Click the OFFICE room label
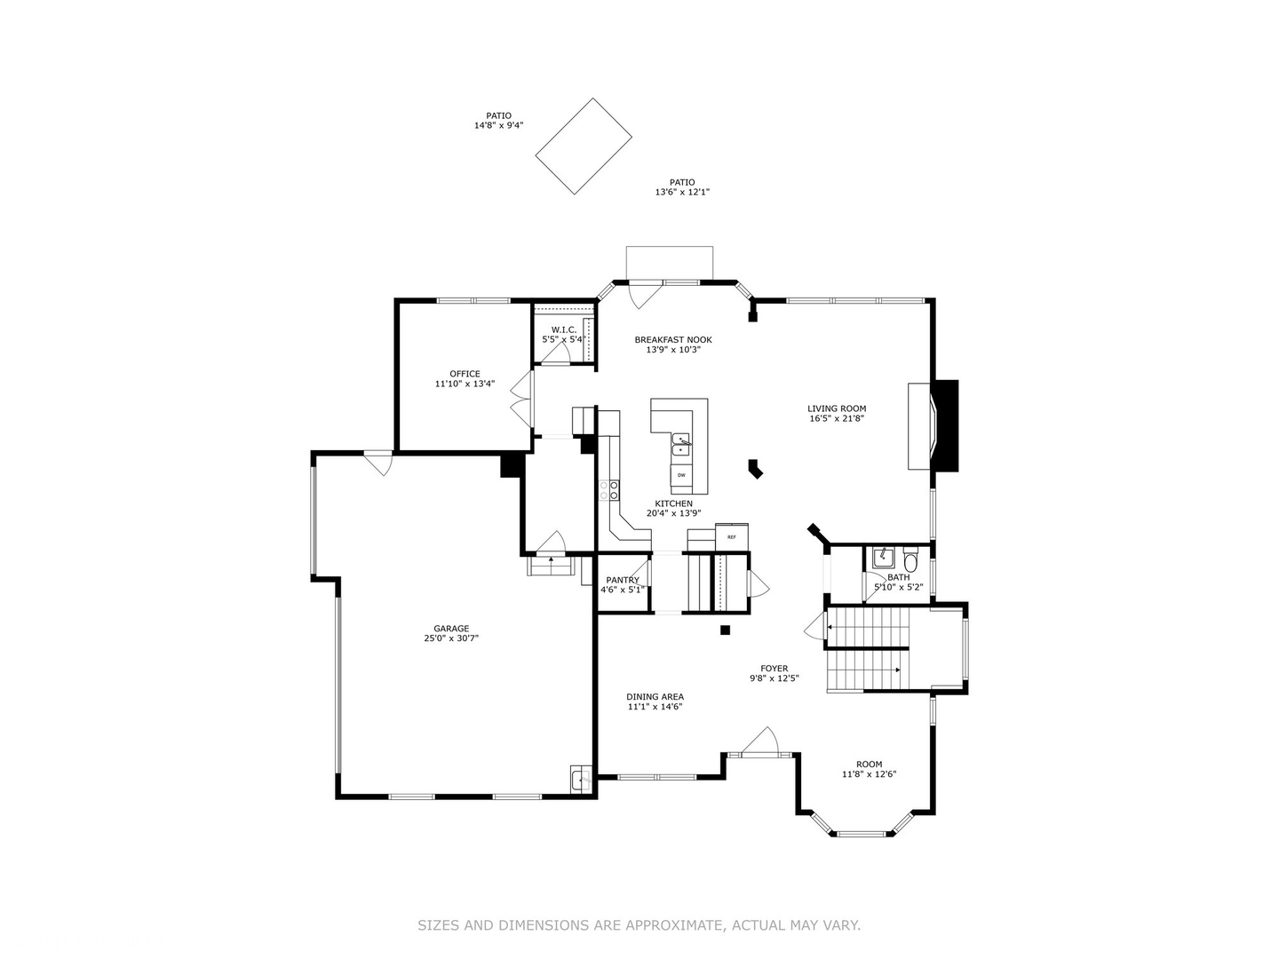[465, 374]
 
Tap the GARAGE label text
[451, 629]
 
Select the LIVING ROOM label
[837, 408]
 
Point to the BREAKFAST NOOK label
[673, 340]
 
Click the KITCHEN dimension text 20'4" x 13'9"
[673, 513]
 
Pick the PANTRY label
[623, 580]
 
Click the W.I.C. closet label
[564, 329]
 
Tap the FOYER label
[774, 669]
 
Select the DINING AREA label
[655, 697]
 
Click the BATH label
[898, 577]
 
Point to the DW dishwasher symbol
[681, 475]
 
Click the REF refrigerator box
[732, 537]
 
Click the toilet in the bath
[910, 561]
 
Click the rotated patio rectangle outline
[584, 146]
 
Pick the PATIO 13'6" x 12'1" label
[682, 186]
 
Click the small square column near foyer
[725, 630]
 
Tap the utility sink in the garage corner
[580, 780]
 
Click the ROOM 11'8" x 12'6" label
[869, 769]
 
